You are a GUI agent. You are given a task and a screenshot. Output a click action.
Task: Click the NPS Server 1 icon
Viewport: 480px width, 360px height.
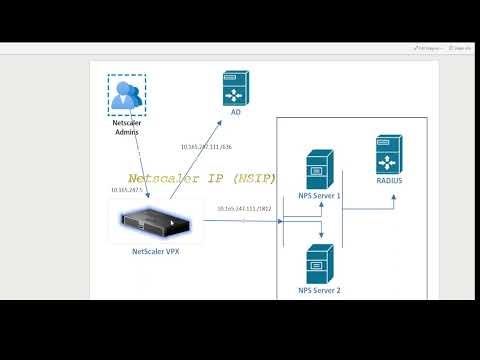coord(319,168)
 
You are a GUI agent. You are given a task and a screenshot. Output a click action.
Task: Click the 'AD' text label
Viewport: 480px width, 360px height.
coord(236,113)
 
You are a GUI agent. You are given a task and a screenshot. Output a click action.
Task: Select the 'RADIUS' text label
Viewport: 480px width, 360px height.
coord(390,183)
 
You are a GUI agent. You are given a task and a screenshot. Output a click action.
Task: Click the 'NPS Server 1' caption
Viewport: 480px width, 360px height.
coord(319,197)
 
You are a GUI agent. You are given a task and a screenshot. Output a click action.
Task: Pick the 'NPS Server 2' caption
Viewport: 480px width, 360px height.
coord(319,290)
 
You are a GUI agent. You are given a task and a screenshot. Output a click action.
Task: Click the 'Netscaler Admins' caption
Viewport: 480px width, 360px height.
coord(127,127)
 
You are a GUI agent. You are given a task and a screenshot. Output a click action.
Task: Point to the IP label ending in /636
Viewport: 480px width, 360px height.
coord(206,147)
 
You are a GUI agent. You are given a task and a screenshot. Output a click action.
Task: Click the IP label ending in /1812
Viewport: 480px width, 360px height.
coord(245,209)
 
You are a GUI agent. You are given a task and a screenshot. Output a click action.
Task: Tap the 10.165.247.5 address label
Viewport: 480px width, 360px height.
coord(127,189)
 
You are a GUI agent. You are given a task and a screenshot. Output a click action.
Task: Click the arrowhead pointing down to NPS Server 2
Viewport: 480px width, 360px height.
coord(320,240)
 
